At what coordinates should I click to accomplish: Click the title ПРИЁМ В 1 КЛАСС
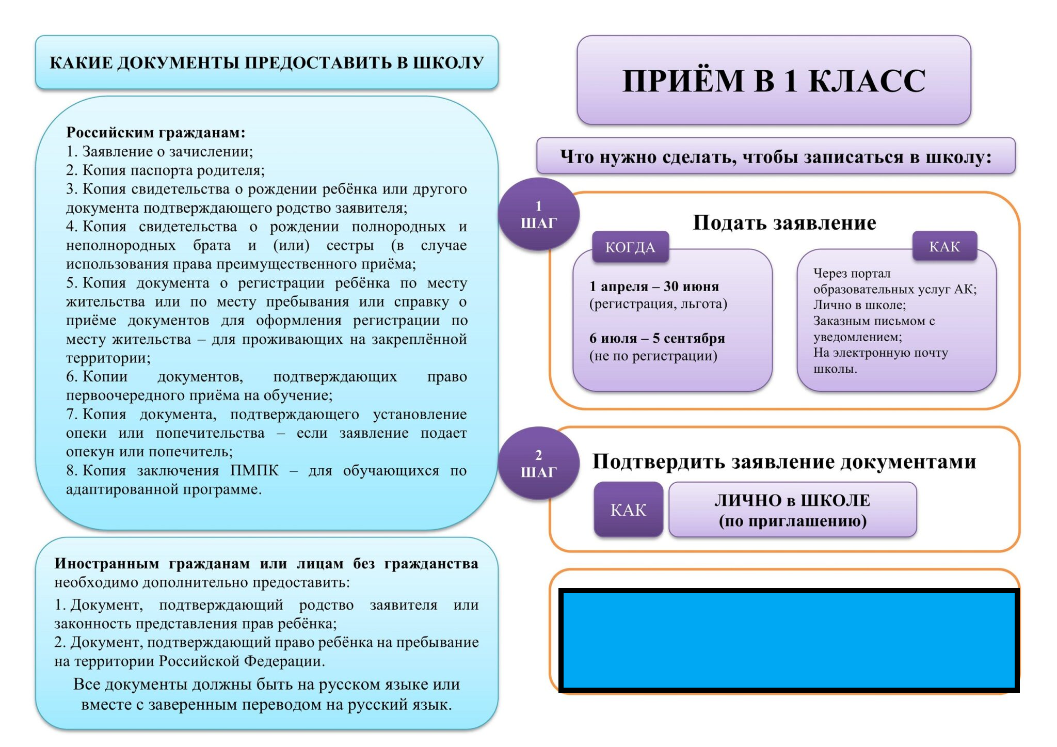coord(774,81)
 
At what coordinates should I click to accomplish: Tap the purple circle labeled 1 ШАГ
coord(538,214)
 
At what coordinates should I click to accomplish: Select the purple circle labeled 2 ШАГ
coord(538,463)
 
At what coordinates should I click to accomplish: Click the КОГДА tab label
coord(630,247)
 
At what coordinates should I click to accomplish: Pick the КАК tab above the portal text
coord(944,246)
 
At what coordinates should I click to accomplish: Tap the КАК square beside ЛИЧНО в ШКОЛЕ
coord(628,510)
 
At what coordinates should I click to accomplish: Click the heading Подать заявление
coord(784,222)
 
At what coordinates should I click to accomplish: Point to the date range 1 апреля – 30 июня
coord(654,286)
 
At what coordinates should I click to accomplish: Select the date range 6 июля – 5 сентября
coord(657,338)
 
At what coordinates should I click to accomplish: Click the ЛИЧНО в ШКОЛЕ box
coord(792,510)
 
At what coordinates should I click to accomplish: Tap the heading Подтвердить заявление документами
coord(784,462)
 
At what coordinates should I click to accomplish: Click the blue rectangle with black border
coord(789,640)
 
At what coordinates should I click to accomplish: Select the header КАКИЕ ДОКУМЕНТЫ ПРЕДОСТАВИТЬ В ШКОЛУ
coord(266,62)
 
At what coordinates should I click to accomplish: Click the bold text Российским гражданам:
coord(155,133)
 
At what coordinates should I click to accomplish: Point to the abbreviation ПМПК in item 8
coord(254,470)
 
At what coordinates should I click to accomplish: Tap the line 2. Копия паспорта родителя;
coord(165,170)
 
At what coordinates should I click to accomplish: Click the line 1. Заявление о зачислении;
coord(159,151)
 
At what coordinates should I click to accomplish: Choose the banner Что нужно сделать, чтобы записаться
coord(776,156)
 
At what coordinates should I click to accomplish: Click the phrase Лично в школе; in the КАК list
coord(859,305)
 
